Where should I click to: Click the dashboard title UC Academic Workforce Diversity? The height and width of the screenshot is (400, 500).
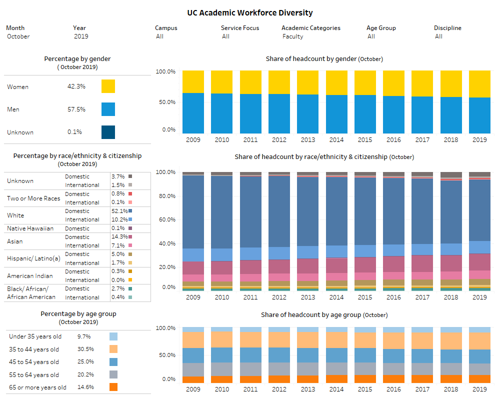tap(250, 13)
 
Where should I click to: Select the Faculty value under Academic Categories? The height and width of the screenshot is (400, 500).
tap(292, 36)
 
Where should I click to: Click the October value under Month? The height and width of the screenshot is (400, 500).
tap(18, 36)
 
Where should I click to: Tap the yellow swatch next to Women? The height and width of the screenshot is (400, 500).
tap(108, 86)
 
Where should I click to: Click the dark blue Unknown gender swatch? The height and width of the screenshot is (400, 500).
tap(108, 132)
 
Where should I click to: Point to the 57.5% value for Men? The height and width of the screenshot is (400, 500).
tap(76, 109)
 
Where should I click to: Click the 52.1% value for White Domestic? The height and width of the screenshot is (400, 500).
tap(118, 211)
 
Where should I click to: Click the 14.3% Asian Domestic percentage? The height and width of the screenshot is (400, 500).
tap(118, 236)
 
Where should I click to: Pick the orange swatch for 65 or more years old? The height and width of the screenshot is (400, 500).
tap(113, 387)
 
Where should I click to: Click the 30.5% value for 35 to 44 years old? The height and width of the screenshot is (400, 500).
tap(85, 349)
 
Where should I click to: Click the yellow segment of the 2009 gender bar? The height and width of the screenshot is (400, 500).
tap(193, 81)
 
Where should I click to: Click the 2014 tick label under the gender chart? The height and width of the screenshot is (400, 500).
tap(336, 140)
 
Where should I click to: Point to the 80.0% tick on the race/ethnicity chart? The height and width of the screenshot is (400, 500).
tap(166, 196)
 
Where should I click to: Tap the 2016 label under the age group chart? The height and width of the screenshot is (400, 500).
tap(393, 389)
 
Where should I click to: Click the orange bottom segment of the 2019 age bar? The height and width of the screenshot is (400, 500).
tap(479, 379)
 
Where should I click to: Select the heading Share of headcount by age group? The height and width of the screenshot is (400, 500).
tap(324, 315)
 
